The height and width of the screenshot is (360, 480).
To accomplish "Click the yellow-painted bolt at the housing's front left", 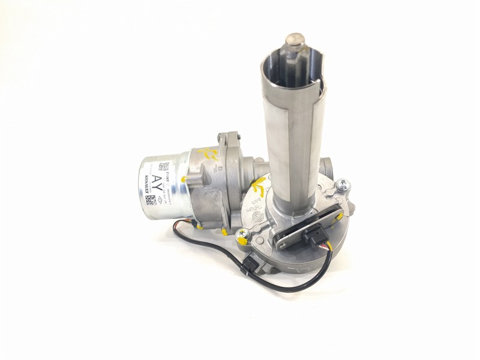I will [x=242, y=235].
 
